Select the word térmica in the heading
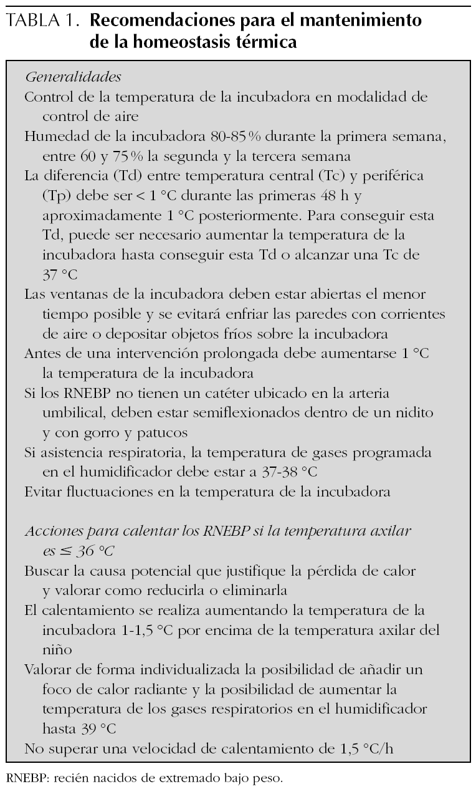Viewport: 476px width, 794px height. tap(261, 42)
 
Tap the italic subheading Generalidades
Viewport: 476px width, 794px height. tap(73, 78)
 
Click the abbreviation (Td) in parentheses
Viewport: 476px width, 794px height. tap(115, 176)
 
